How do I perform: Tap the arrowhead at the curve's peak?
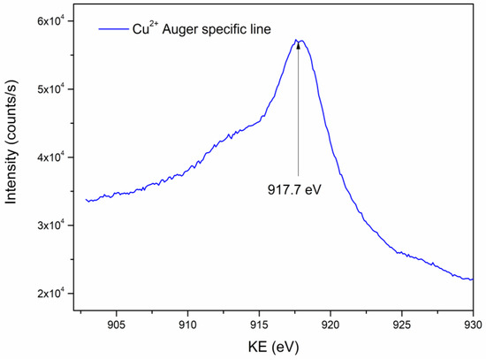tap(298, 44)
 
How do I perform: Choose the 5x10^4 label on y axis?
tap(55, 89)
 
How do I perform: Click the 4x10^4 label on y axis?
tap(55, 157)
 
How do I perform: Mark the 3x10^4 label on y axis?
tap(55, 226)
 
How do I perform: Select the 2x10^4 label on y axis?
tap(55, 294)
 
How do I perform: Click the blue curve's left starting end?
tap(86, 200)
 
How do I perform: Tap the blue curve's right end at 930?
tap(473, 280)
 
